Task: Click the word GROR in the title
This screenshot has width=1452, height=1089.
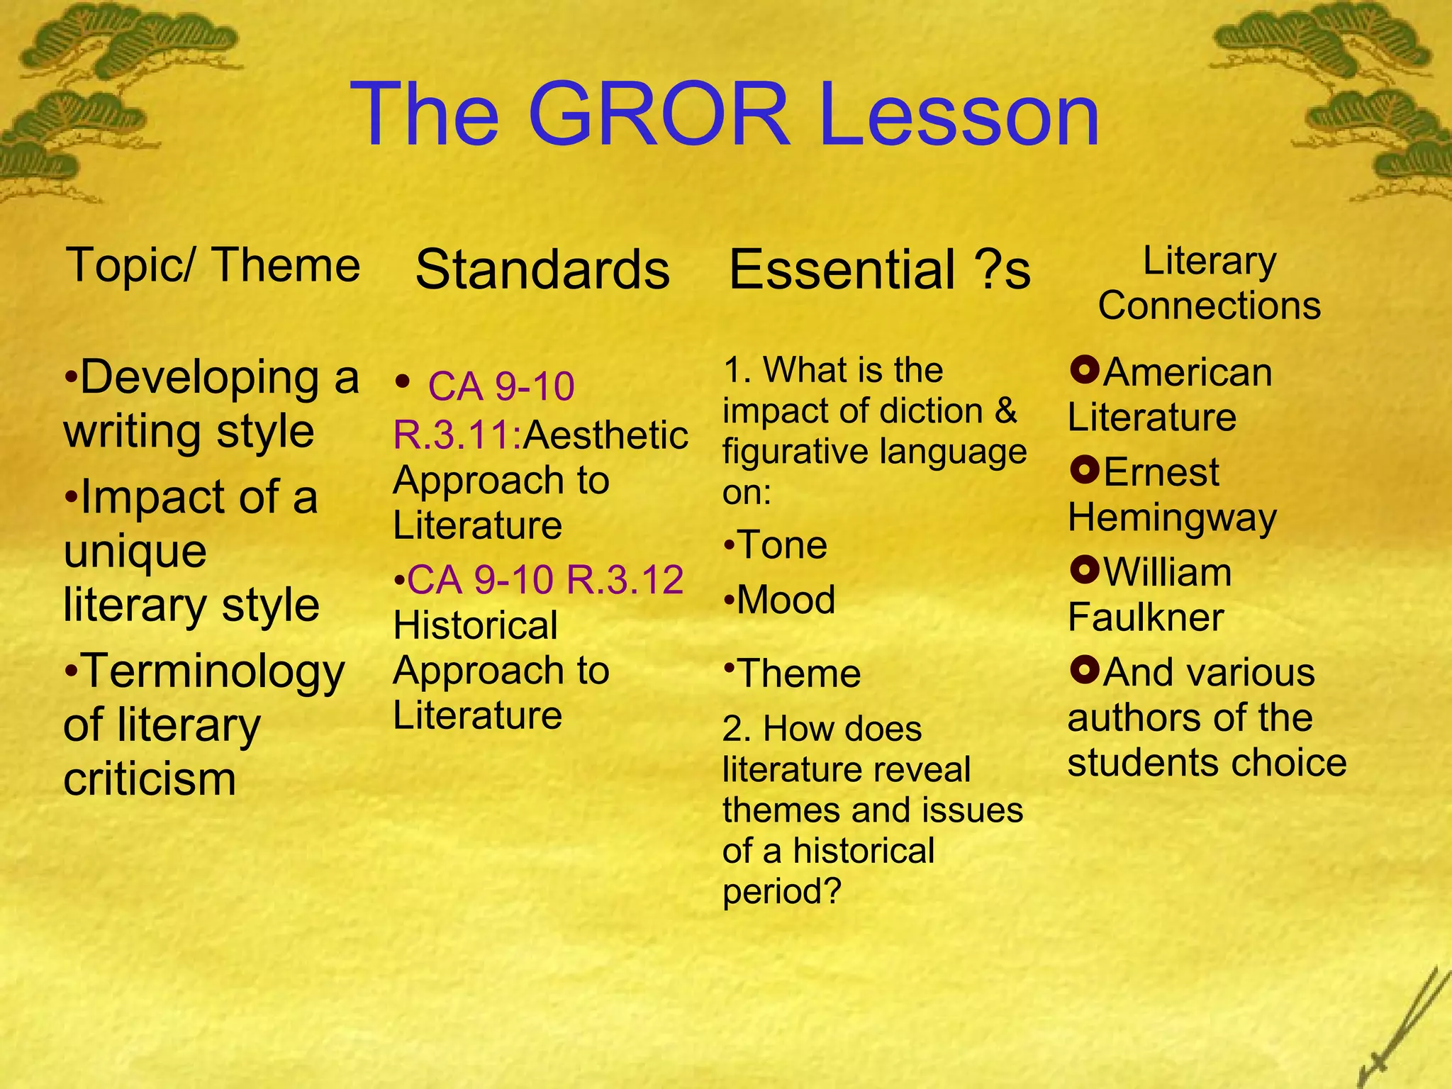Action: tap(658, 115)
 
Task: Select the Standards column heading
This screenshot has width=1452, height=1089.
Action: tap(542, 269)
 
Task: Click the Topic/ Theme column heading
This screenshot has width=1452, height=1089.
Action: tap(213, 265)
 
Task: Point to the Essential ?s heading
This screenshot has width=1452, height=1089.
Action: tap(879, 269)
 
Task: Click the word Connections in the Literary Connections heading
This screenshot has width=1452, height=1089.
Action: tap(1210, 306)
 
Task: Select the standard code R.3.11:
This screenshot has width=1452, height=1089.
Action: tap(457, 435)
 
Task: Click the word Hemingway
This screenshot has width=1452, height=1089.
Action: tap(1172, 517)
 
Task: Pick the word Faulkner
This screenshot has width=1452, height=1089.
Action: tap(1146, 617)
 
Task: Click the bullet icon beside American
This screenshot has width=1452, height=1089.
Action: tap(1084, 369)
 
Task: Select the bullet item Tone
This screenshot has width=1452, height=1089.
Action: tap(781, 545)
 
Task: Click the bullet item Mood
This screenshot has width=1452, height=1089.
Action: tap(786, 601)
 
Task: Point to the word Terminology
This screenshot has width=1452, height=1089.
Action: tap(213, 672)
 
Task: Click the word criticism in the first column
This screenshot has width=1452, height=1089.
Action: tap(150, 779)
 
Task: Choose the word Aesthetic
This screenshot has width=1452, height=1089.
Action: tap(605, 435)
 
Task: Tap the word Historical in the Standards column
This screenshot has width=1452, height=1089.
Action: tap(475, 626)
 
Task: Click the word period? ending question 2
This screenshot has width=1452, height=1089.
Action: tap(781, 891)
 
